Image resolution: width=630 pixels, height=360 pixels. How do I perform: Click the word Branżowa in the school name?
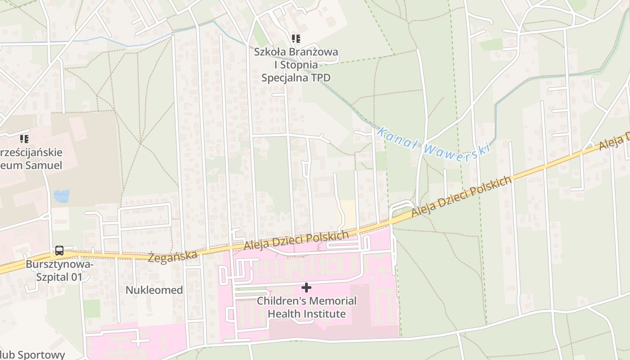coord(314,52)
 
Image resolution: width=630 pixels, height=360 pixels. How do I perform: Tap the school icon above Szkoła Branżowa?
coord(296,39)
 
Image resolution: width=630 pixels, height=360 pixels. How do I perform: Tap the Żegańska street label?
coord(173,257)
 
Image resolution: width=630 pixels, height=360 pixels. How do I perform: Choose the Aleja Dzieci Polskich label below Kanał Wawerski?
coord(462,196)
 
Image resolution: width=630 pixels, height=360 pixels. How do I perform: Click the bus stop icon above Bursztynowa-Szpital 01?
coord(59,251)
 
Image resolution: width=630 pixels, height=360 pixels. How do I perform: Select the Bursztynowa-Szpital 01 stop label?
coord(59,270)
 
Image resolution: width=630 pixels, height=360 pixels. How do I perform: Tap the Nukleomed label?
coord(154,290)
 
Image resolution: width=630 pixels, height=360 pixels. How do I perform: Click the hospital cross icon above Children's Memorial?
coord(306,287)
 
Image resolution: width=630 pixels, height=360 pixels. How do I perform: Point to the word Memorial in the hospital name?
coord(328,301)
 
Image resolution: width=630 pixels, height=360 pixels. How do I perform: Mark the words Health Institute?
coord(307,314)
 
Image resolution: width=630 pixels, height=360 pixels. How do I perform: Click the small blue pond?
coord(62,196)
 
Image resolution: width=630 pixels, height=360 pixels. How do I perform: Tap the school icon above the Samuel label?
coord(24,139)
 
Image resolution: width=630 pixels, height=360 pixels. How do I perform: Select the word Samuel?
coord(45,165)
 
